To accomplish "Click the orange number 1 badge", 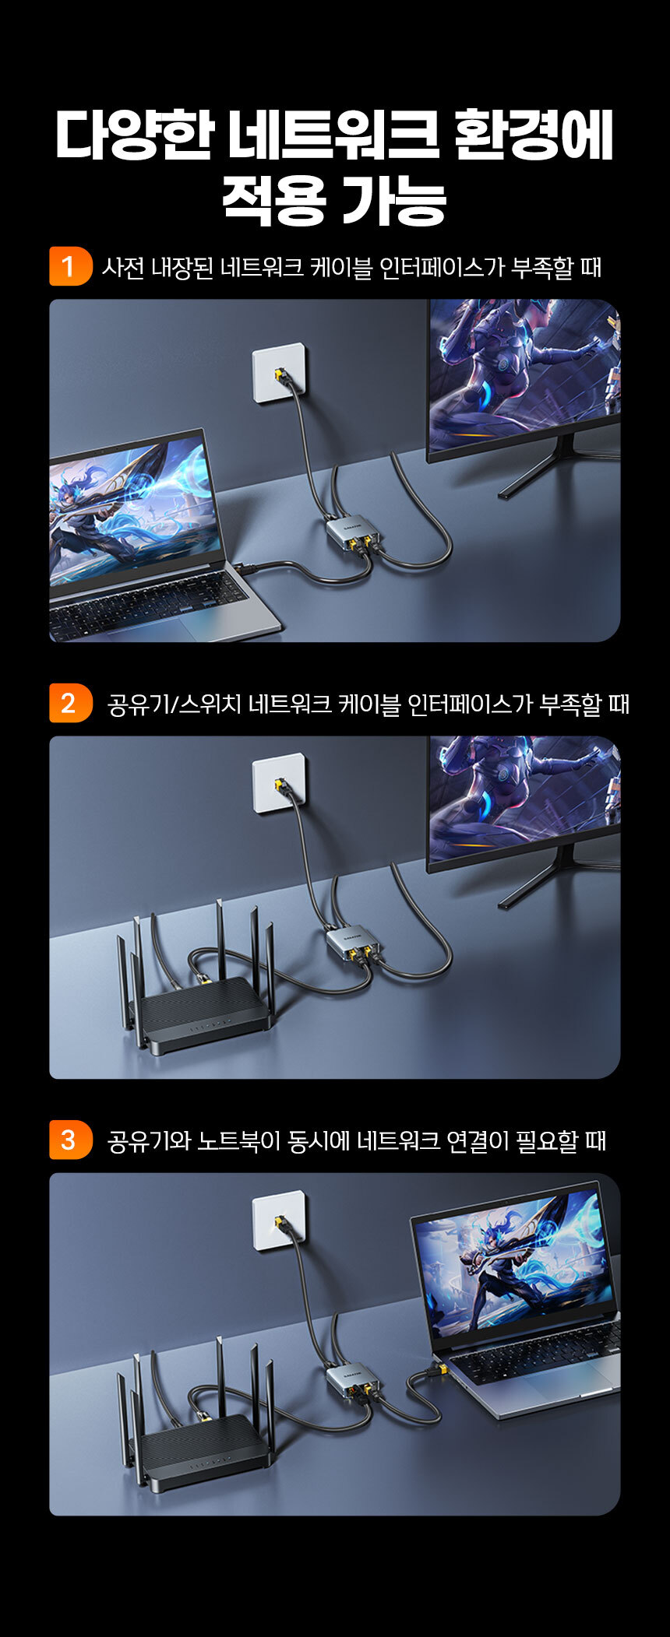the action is tap(70, 266).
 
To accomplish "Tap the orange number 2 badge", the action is tap(70, 703).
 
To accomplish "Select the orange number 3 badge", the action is tap(70, 1140).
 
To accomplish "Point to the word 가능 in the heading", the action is tap(393, 200).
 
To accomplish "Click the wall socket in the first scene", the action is tap(279, 373).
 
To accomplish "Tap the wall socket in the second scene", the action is tap(279, 782).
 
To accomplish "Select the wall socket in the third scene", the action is tap(279, 1220).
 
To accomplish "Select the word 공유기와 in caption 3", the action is tap(150, 1140).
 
